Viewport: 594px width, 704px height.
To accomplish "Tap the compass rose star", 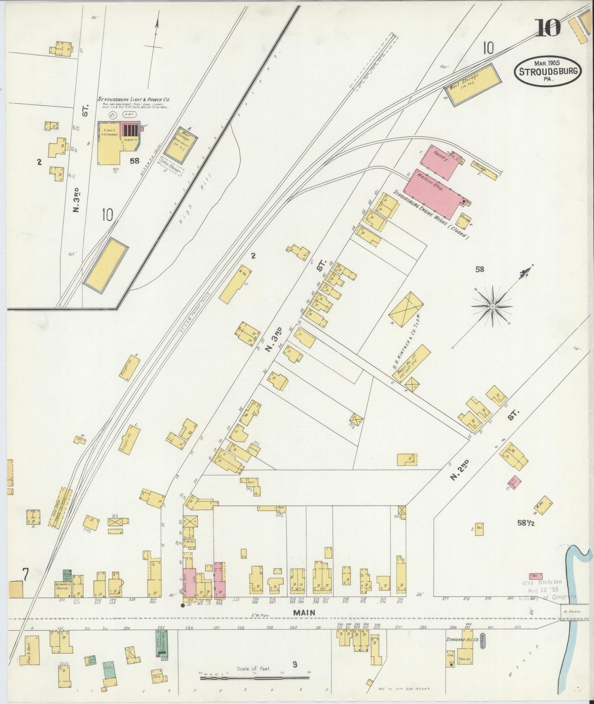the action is click(x=492, y=306).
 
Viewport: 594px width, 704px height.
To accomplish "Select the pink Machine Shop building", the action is click(x=432, y=193).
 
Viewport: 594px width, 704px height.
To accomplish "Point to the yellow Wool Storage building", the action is click(x=473, y=85).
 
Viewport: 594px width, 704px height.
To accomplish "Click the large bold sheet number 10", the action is click(x=548, y=28).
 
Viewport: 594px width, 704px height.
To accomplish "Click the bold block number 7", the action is click(x=25, y=576).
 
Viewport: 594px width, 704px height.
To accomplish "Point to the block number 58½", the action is click(x=528, y=523).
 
